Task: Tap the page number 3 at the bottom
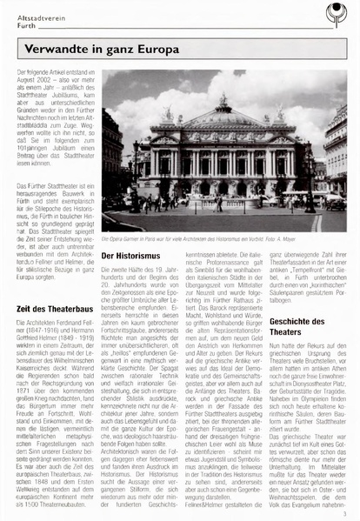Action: click(x=344, y=512)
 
